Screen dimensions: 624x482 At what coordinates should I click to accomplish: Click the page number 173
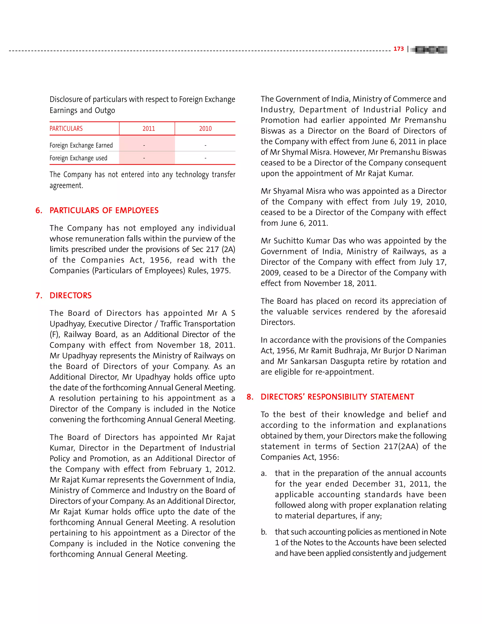[x=398, y=49]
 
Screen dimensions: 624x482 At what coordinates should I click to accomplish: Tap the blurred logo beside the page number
[x=429, y=50]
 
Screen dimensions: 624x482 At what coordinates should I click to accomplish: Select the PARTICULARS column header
[x=66, y=129]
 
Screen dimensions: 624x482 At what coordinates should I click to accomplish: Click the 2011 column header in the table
[x=149, y=129]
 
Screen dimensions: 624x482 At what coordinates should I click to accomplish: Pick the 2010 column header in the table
[x=205, y=129]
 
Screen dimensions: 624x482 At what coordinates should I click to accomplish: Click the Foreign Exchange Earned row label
[x=81, y=146]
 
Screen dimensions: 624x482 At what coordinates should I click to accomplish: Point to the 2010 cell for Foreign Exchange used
[x=205, y=158]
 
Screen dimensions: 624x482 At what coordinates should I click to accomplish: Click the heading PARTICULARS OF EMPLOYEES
[x=104, y=210]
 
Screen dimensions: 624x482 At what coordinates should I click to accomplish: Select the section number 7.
[x=39, y=296]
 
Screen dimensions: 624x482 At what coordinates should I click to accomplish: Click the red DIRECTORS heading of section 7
[x=71, y=296]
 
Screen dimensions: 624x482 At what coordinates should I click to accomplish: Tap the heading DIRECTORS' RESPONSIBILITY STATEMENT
[x=337, y=397]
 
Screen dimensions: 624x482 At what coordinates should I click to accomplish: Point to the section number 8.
[x=249, y=397]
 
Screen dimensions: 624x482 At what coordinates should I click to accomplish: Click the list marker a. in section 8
[x=264, y=474]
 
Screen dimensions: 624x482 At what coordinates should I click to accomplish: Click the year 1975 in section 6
[x=221, y=271]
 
